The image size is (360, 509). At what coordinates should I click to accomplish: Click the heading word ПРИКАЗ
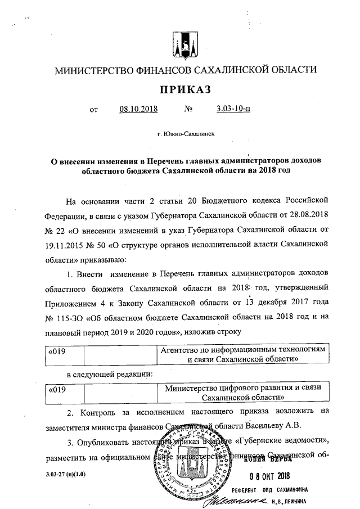tap(186, 90)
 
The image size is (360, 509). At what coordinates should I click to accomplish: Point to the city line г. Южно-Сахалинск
tap(186, 134)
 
